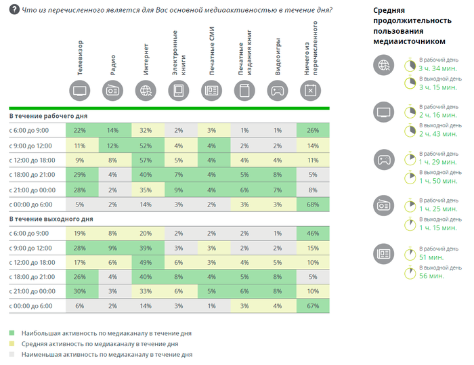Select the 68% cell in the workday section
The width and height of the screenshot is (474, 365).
(312, 204)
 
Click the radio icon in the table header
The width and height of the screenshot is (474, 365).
(113, 91)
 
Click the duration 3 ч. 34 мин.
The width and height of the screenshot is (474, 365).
(439, 68)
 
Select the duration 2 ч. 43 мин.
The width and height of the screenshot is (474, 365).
(439, 134)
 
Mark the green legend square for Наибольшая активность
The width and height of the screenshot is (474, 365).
(12, 334)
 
